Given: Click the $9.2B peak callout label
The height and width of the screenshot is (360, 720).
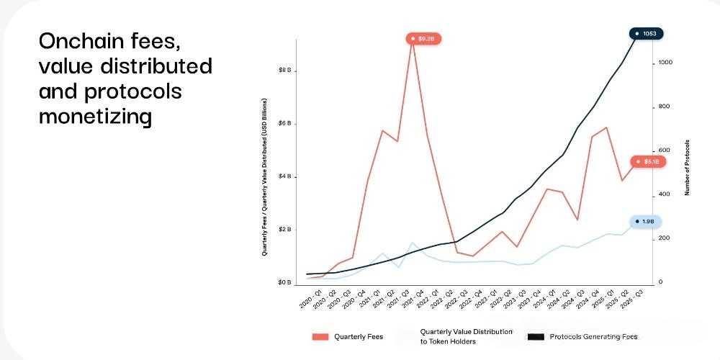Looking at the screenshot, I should pos(423,38).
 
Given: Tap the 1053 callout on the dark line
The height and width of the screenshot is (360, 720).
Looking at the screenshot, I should pos(647,33).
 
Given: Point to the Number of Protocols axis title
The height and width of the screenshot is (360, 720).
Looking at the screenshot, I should pos(688,168).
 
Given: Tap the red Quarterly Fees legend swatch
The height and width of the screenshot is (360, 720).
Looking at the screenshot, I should pos(320,336).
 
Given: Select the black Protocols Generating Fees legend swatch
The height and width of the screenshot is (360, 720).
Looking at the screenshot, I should pos(535,336).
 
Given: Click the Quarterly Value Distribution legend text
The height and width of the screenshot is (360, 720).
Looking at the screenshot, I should pos(466,336).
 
